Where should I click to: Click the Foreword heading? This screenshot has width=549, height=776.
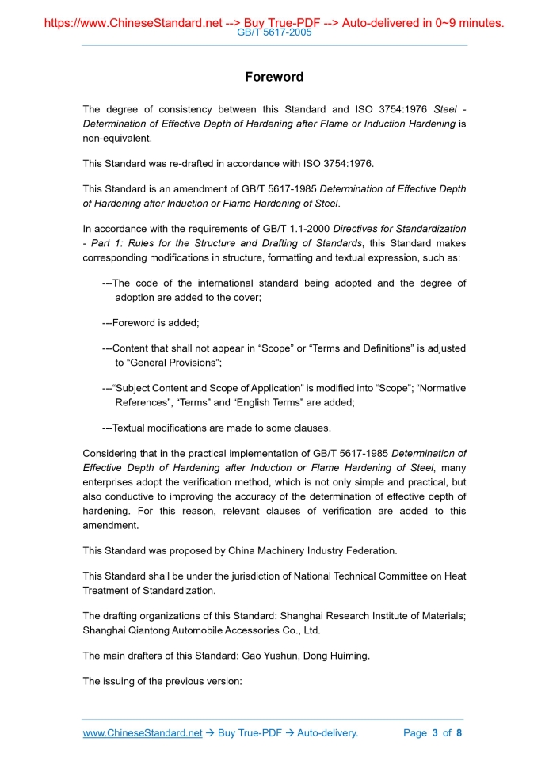(274, 77)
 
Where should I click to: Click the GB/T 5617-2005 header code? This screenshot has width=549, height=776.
(274, 32)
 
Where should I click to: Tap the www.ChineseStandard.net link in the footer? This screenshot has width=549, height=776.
(143, 733)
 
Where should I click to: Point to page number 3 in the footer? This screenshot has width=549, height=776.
(435, 733)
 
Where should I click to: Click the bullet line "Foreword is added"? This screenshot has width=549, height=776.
(151, 323)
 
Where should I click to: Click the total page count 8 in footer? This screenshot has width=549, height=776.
(459, 733)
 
